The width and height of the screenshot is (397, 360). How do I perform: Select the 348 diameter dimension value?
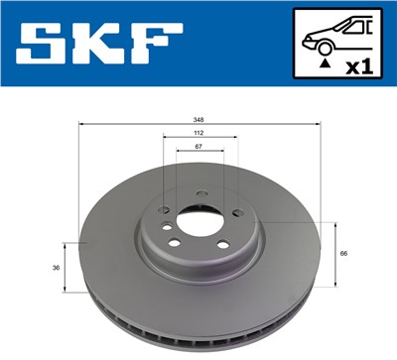point(199,120)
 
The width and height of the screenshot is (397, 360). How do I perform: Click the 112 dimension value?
point(199,133)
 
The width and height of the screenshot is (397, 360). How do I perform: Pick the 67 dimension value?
point(199,146)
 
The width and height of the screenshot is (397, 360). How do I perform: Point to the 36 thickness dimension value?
point(55,268)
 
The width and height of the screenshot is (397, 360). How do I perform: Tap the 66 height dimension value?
point(342,255)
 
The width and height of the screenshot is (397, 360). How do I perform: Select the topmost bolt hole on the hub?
point(201,191)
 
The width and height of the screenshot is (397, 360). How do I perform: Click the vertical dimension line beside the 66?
point(330,253)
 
